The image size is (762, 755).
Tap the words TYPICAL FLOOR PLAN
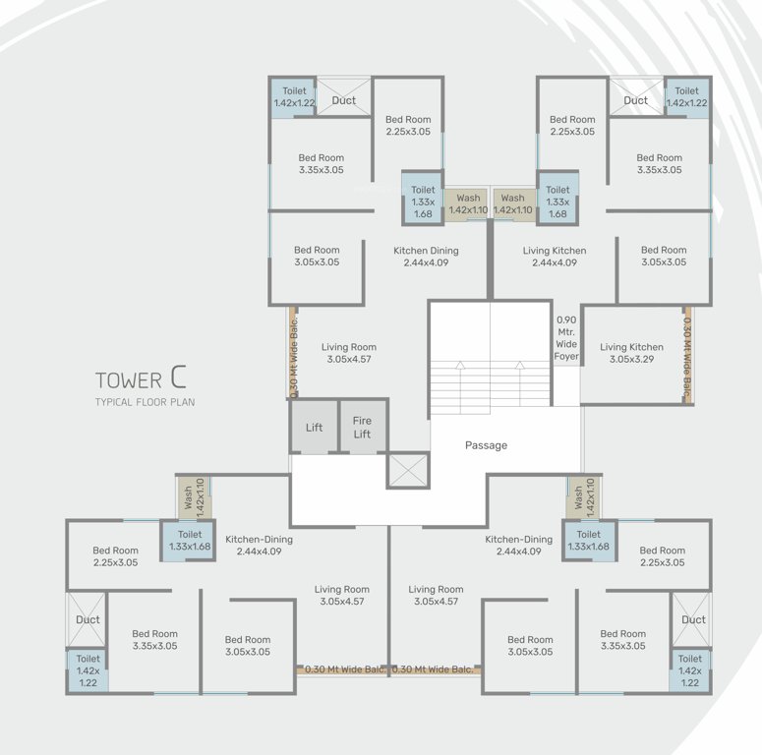(145, 402)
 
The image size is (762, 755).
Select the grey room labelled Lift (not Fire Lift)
(314, 428)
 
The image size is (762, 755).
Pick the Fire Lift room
(362, 428)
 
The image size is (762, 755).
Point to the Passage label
(486, 445)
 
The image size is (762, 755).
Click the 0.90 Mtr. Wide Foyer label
(566, 338)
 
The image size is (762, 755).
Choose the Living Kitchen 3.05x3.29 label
(631, 353)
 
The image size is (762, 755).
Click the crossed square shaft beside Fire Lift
(408, 470)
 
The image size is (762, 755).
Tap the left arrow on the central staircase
(459, 368)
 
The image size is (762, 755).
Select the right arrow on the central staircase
(519, 368)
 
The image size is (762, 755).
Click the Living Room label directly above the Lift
(348, 353)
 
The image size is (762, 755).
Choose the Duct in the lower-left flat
(88, 619)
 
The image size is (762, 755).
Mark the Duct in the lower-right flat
(693, 619)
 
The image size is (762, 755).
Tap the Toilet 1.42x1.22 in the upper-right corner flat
(686, 97)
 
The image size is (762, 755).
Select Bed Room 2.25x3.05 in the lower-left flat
(115, 556)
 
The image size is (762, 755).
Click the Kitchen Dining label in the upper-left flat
(426, 257)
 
